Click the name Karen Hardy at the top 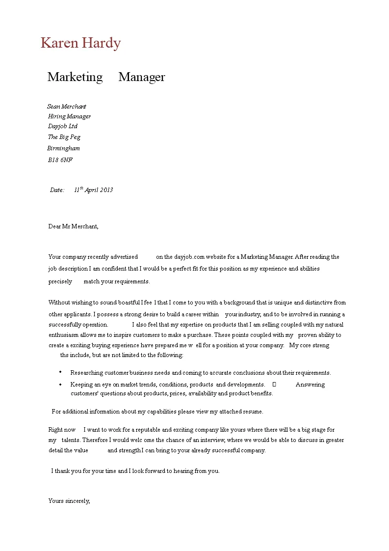[x=80, y=43]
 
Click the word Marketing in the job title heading [x=75, y=77]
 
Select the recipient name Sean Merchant [x=67, y=106]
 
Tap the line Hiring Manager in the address [x=69, y=116]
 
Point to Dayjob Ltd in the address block [x=62, y=126]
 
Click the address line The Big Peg [x=64, y=137]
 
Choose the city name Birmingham [x=63, y=148]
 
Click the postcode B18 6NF [x=60, y=160]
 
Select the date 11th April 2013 [x=93, y=190]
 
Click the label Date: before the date [x=57, y=190]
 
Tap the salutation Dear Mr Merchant [x=73, y=226]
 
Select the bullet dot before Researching [x=60, y=372]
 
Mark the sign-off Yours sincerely [x=69, y=501]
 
